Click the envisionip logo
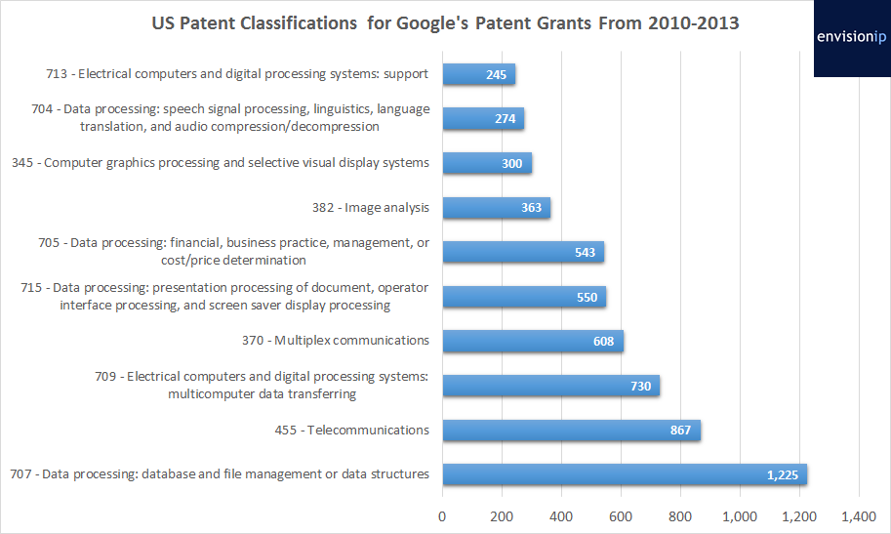pyautogui.click(x=852, y=38)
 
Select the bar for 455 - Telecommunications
pyautogui.click(x=571, y=431)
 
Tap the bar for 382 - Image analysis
pyautogui.click(x=496, y=208)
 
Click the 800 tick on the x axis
pyautogui.click(x=680, y=515)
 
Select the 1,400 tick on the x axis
pyautogui.click(x=858, y=515)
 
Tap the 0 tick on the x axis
pyautogui.click(x=443, y=515)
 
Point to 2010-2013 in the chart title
pyautogui.click(x=693, y=22)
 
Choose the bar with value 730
pyautogui.click(x=550, y=386)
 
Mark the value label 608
pyautogui.click(x=603, y=342)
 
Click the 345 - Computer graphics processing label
pyautogui.click(x=221, y=163)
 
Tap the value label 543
pyautogui.click(x=586, y=253)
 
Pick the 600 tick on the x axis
pyautogui.click(x=621, y=515)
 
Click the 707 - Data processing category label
pyautogui.click(x=220, y=474)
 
